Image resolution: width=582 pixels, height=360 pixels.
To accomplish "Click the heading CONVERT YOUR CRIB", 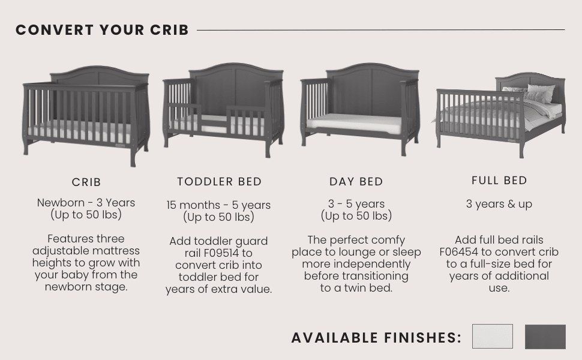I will [102, 30].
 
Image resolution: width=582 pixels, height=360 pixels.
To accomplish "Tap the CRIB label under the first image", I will [86, 182].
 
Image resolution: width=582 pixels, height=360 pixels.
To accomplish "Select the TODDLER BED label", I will [219, 181].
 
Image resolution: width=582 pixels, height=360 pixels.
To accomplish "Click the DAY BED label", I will [356, 182].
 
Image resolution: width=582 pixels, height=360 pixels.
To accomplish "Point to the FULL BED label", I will [499, 181].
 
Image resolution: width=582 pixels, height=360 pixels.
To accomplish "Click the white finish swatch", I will [492, 337].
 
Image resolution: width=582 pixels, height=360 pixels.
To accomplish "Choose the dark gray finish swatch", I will [545, 337].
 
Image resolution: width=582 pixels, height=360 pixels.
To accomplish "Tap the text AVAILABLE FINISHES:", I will [376, 338].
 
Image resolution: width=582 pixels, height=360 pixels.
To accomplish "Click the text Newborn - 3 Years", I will [86, 203].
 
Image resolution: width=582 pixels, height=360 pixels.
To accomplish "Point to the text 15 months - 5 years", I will [218, 205].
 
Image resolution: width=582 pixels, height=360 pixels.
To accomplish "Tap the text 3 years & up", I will [499, 204].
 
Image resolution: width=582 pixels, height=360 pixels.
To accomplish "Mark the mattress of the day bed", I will [354, 124].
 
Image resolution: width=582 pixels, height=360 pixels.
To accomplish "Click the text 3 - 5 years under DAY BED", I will [356, 204].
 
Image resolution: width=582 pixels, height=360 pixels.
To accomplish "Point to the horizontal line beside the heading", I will [380, 29].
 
